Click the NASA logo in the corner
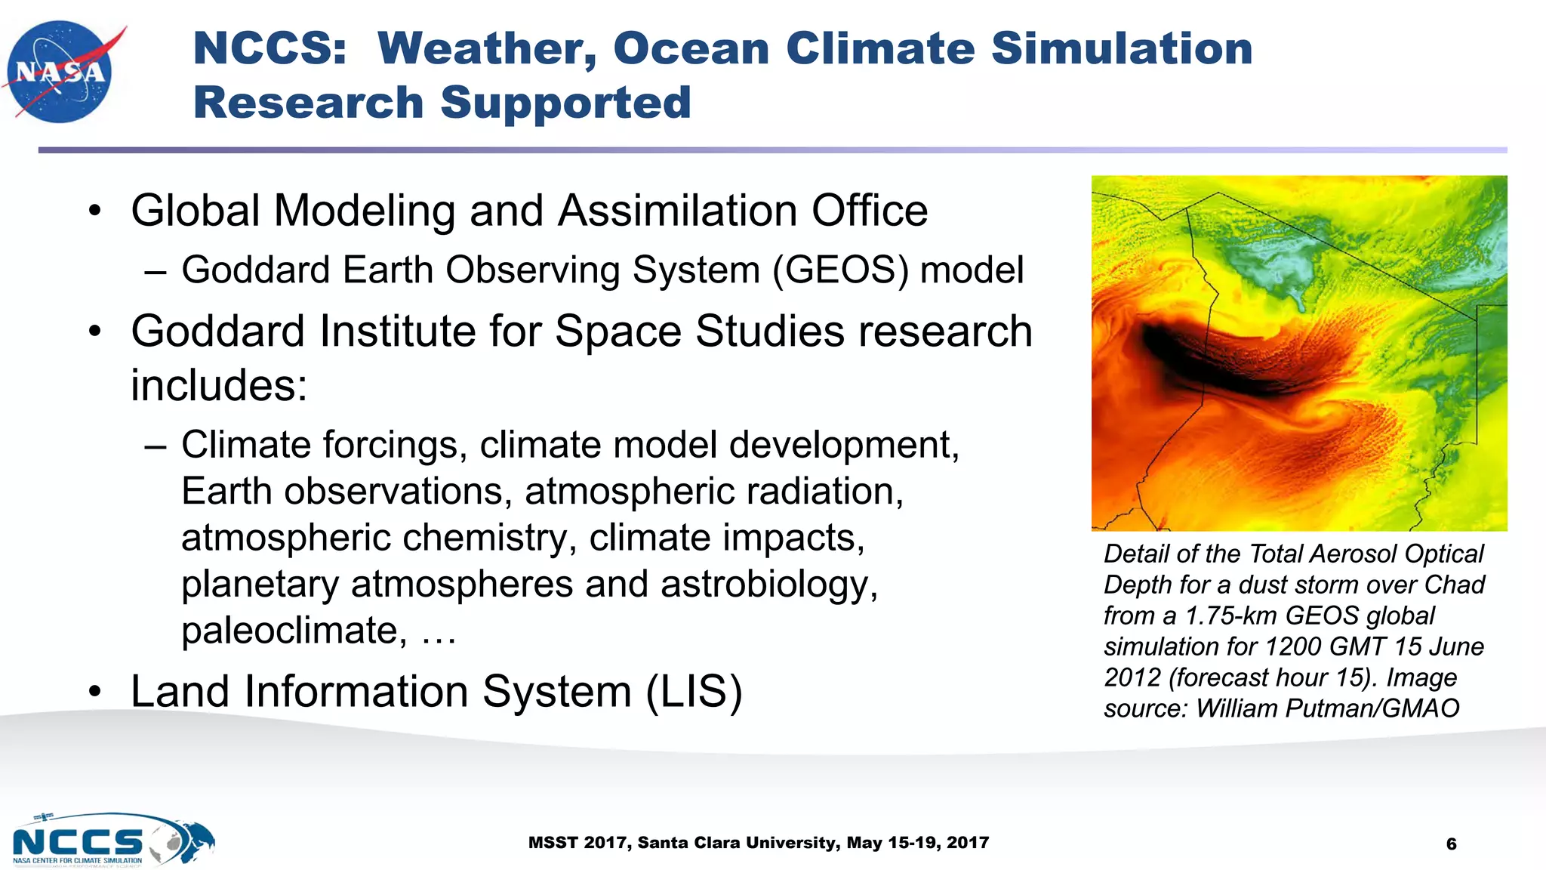[x=60, y=72]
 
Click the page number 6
[x=1451, y=844]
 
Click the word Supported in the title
[x=565, y=103]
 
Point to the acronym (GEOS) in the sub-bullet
[x=839, y=270]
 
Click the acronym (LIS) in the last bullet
[x=694, y=691]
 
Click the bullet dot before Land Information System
[x=94, y=692]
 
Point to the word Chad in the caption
[x=1454, y=585]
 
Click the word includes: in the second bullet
[x=219, y=386]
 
